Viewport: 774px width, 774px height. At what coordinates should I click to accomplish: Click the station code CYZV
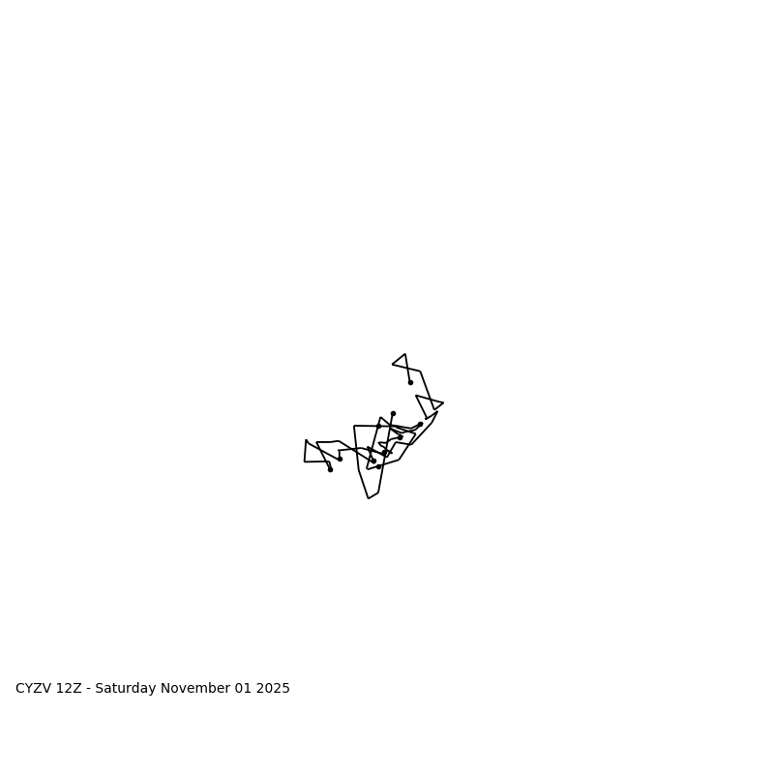point(34,689)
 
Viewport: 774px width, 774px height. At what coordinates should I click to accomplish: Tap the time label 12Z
point(69,689)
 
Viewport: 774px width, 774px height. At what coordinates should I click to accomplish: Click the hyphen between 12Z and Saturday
point(88,689)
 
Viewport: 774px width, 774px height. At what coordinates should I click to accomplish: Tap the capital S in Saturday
point(99,689)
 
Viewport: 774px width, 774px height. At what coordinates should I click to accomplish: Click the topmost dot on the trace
point(410,382)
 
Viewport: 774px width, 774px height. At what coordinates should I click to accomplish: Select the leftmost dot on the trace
point(330,469)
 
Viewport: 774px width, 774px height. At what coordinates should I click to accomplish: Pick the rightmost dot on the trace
point(420,424)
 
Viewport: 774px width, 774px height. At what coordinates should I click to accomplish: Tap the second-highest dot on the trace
point(393,413)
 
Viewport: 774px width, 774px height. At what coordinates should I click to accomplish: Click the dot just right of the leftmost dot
point(340,459)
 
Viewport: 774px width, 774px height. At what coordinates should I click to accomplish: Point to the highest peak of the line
point(404,354)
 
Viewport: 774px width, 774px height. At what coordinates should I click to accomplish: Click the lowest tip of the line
point(369,498)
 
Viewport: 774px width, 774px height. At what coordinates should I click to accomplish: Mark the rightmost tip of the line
point(443,402)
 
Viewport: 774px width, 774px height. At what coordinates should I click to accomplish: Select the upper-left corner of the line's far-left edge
point(306,440)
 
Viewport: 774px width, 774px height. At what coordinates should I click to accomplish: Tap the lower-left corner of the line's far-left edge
point(305,461)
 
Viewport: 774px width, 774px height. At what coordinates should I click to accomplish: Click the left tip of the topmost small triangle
point(392,365)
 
